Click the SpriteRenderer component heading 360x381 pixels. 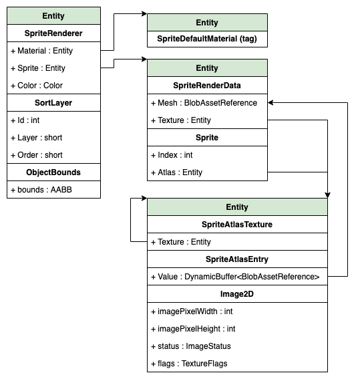pyautogui.click(x=53, y=33)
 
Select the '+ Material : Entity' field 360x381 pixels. pyautogui.click(x=41, y=51)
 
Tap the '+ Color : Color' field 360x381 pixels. pyautogui.click(x=37, y=86)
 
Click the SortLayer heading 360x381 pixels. pyautogui.click(x=53, y=103)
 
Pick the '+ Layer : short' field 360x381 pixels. pyautogui.click(x=37, y=138)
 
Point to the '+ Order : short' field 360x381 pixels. pyautogui.click(x=37, y=155)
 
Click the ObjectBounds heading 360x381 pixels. pyautogui.click(x=53, y=172)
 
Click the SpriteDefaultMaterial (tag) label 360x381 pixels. pyautogui.click(x=207, y=40)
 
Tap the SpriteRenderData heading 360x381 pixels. pyautogui.click(x=207, y=86)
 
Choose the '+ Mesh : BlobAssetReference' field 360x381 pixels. pyautogui.click(x=204, y=103)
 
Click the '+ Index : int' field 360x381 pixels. pyautogui.click(x=172, y=155)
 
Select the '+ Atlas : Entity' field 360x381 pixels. pyautogui.click(x=176, y=172)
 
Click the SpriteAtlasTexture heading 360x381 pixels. pyautogui.click(x=237, y=225)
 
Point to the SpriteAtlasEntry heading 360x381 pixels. pyautogui.click(x=237, y=259)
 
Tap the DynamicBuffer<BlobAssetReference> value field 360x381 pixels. pyautogui.click(x=235, y=277)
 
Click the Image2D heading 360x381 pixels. pyautogui.click(x=237, y=294)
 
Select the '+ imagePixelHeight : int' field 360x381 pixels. pyautogui.click(x=192, y=329)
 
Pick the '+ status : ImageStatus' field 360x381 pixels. pyautogui.click(x=191, y=346)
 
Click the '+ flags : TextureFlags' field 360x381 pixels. pyautogui.click(x=189, y=364)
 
